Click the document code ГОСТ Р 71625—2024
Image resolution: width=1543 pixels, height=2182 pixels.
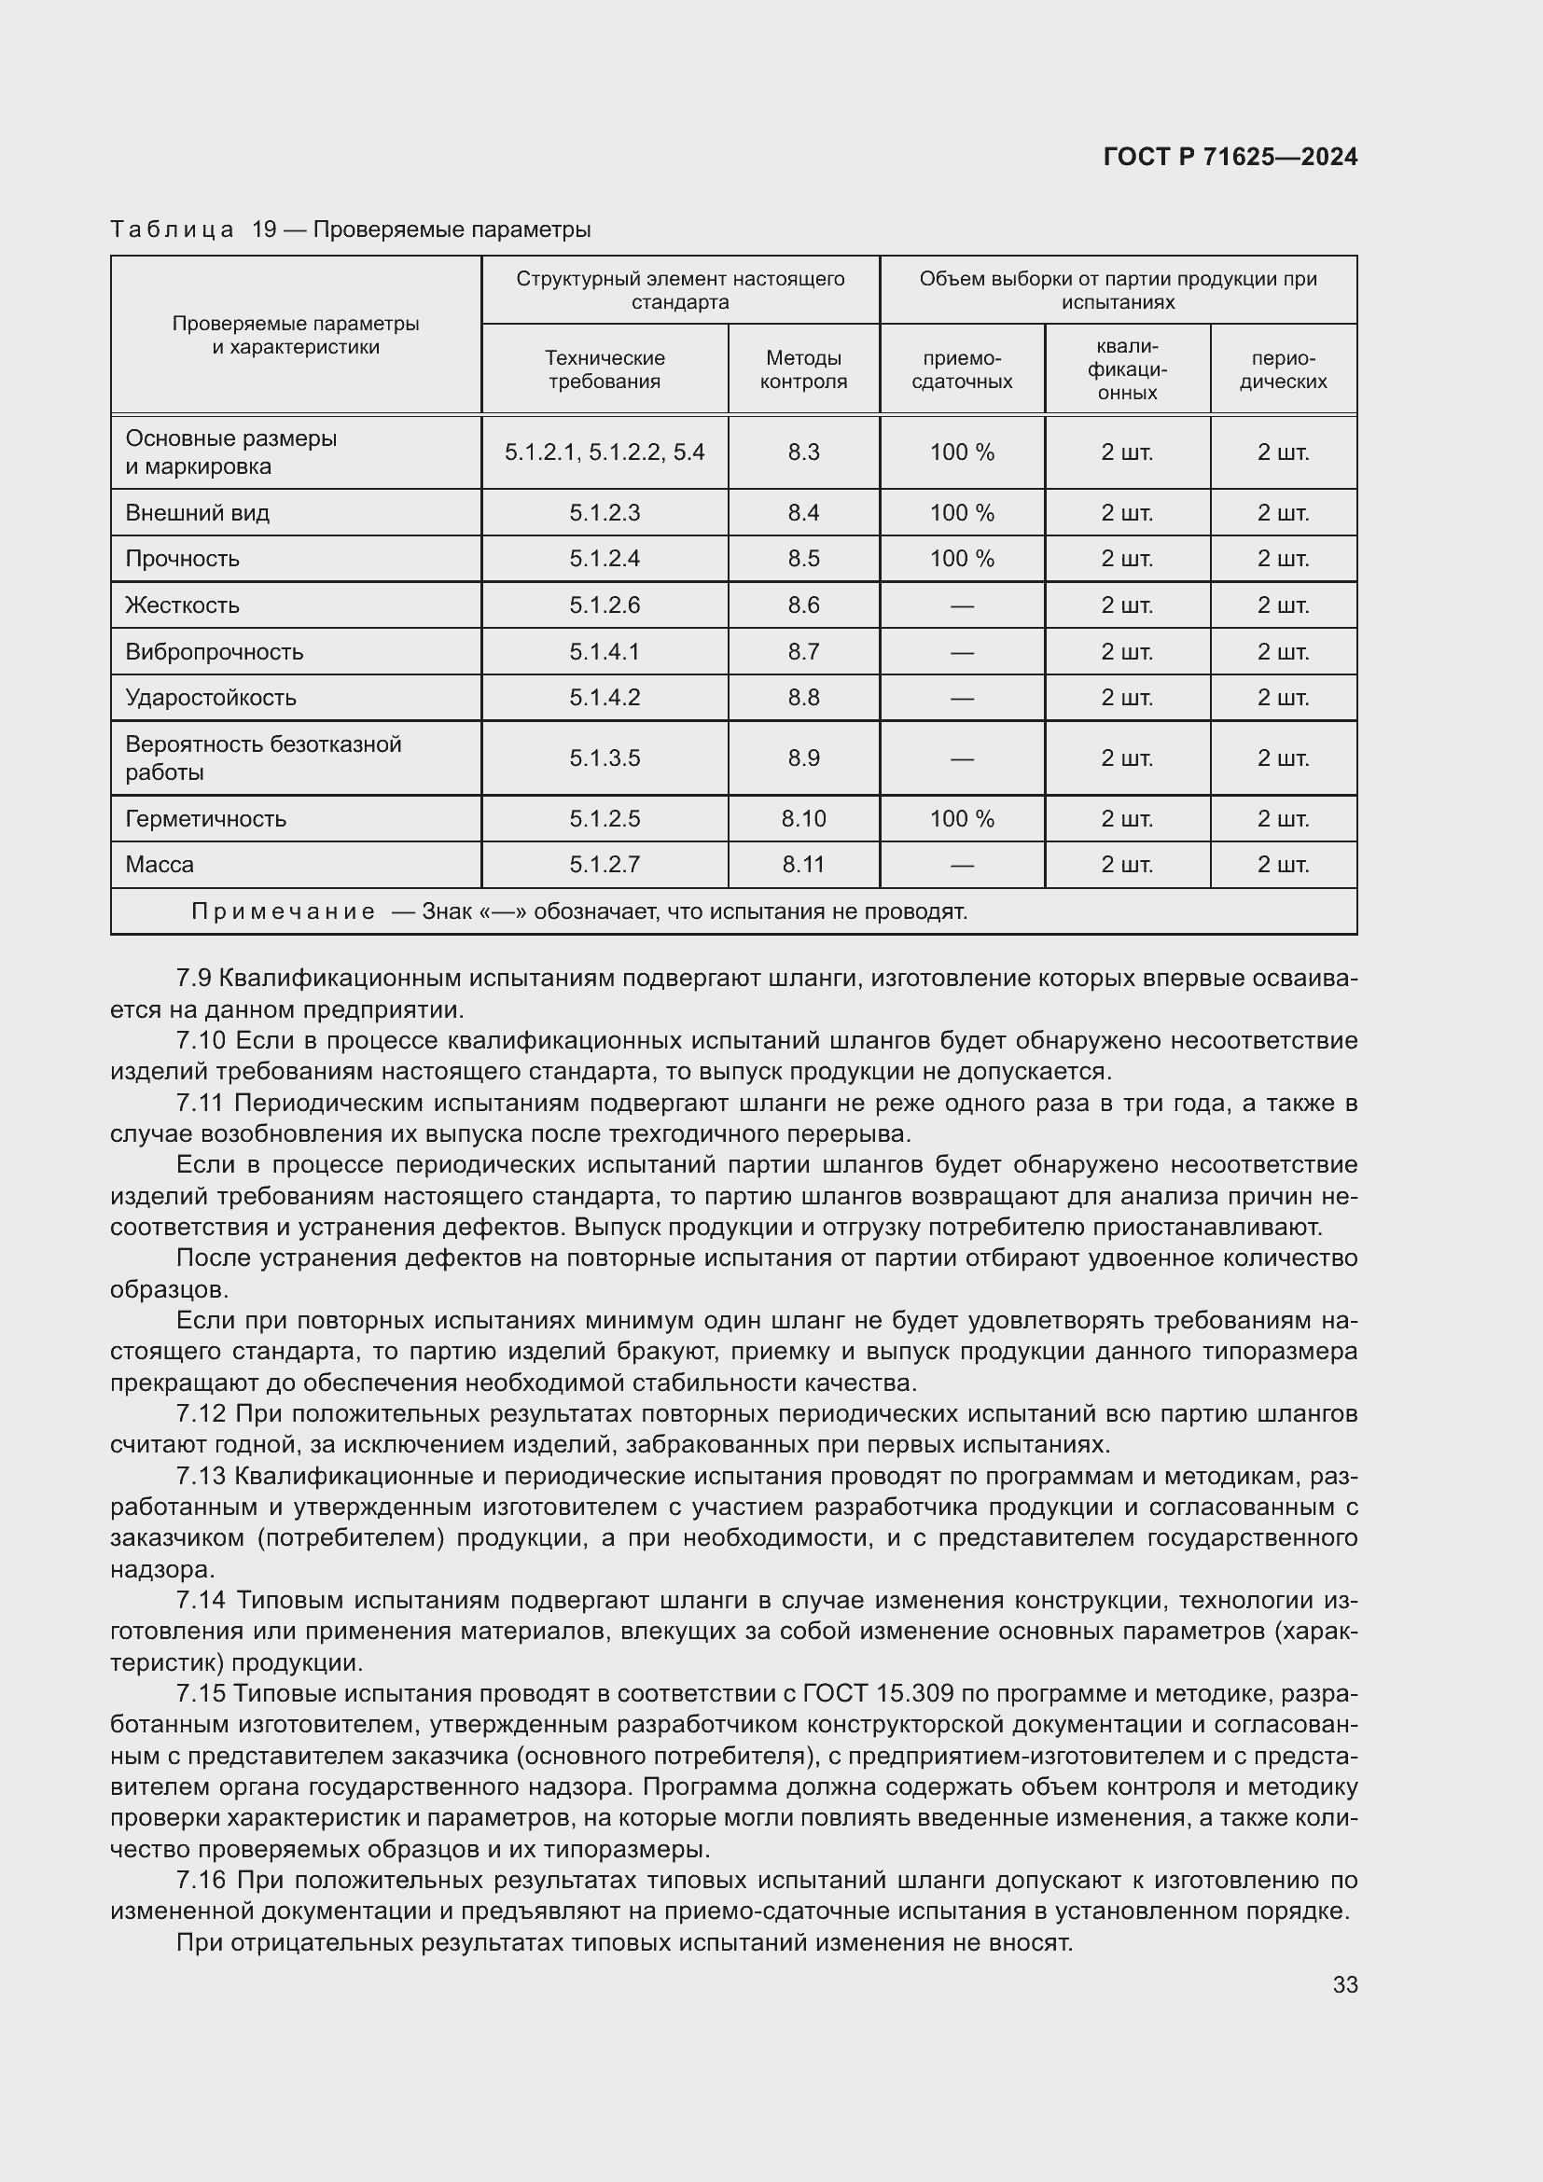pyautogui.click(x=1230, y=157)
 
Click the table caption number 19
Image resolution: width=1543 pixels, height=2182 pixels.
pyautogui.click(x=263, y=230)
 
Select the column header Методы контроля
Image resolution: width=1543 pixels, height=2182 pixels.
pyautogui.click(x=803, y=369)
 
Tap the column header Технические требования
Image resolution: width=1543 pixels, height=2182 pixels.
pyautogui.click(x=605, y=369)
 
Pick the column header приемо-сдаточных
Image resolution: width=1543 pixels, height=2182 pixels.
pyautogui.click(x=962, y=369)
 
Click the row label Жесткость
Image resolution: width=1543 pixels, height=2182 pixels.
pyautogui.click(x=183, y=605)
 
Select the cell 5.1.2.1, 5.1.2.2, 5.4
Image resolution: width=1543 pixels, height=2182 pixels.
pyautogui.click(x=605, y=452)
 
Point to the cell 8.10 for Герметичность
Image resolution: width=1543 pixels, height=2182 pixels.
pyautogui.click(x=803, y=818)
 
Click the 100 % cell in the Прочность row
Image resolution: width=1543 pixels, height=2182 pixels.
pyautogui.click(x=962, y=559)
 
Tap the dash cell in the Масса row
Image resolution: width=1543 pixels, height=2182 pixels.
pyautogui.click(x=962, y=866)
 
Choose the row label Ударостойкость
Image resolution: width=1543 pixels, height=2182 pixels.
pyautogui.click(x=211, y=698)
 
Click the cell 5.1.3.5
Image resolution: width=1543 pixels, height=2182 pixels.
pyautogui.click(x=605, y=758)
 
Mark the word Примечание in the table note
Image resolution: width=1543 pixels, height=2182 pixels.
pyautogui.click(x=284, y=912)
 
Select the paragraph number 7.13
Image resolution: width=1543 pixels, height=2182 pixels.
pyautogui.click(x=201, y=1476)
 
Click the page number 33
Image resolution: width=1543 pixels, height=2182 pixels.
pyautogui.click(x=1344, y=1984)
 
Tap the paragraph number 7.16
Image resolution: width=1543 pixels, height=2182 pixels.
pyautogui.click(x=201, y=1880)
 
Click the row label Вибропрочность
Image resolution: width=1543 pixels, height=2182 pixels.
pyautogui.click(x=215, y=652)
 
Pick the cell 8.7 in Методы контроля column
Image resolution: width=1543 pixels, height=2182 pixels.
pyautogui.click(x=803, y=652)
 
